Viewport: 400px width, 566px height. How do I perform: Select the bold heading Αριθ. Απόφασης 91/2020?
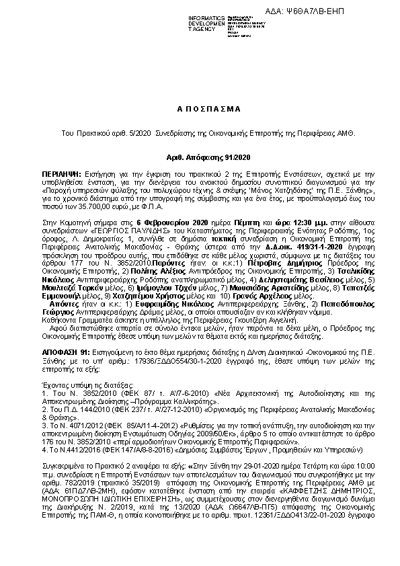200,157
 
